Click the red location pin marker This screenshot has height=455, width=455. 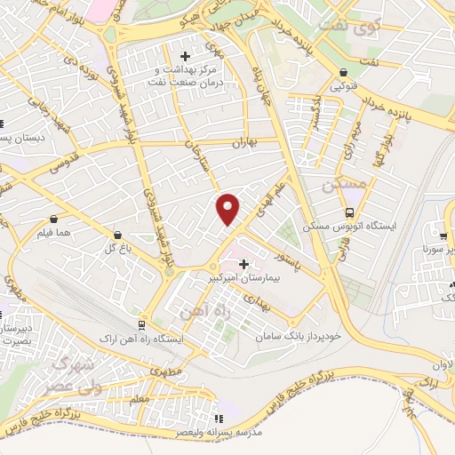229,209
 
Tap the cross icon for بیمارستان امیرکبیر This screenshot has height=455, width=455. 243,264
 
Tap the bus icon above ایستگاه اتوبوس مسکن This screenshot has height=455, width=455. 350,212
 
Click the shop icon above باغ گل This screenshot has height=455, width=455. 117,235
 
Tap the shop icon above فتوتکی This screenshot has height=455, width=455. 343,74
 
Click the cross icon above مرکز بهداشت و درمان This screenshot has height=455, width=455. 185,57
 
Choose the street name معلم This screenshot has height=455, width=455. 139,401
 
